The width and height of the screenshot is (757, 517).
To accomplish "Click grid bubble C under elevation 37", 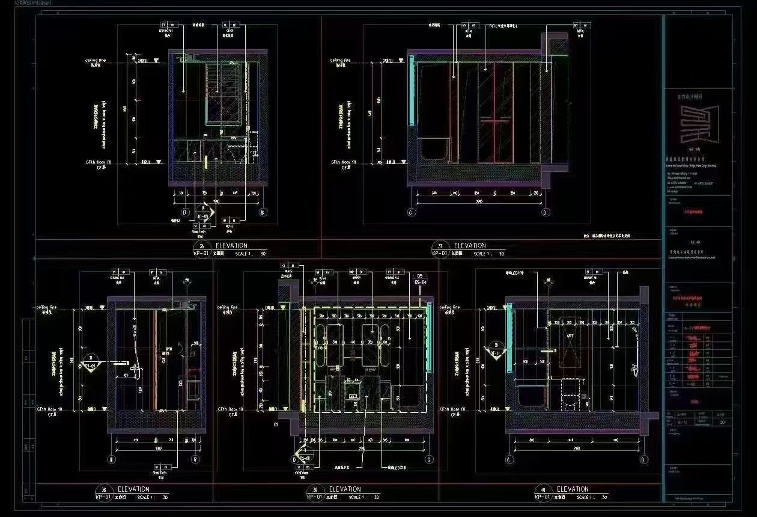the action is [412, 212].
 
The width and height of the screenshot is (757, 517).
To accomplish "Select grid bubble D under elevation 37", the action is [546, 212].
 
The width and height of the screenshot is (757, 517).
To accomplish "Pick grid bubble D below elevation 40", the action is [644, 460].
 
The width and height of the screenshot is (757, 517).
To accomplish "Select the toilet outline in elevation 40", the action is [568, 394].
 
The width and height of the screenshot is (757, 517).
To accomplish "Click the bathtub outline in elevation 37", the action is [433, 150].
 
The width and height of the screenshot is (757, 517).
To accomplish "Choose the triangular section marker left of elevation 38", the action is [91, 364].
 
